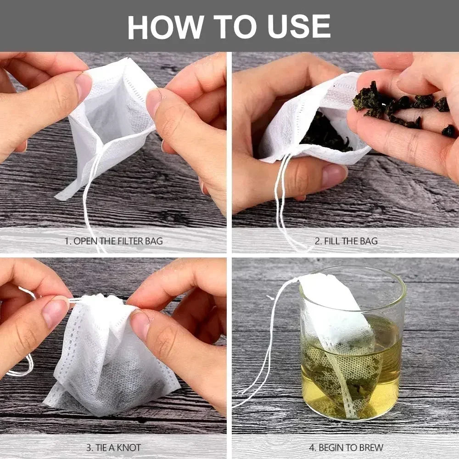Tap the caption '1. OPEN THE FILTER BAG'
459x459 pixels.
coord(113,241)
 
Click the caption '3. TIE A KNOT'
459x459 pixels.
coord(113,447)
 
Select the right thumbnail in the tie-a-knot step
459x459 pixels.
coord(140,324)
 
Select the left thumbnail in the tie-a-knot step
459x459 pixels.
coord(54,312)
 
